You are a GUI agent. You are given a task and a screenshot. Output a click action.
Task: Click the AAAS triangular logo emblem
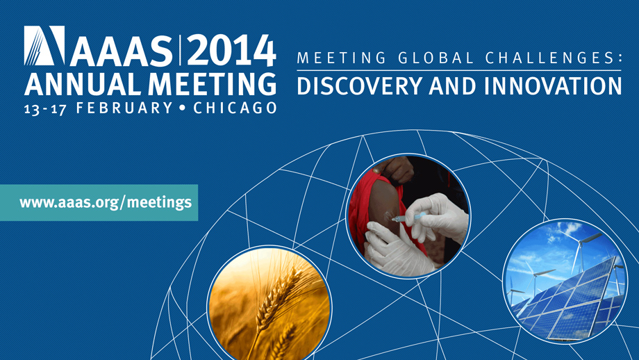pos(44,46)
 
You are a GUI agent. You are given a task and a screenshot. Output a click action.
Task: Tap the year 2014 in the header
pos(231,51)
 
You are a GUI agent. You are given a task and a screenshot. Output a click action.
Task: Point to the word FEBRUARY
pos(124,108)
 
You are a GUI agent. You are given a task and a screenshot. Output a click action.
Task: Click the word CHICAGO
pos(235,108)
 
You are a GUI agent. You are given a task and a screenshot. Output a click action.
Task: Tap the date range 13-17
pos(45,109)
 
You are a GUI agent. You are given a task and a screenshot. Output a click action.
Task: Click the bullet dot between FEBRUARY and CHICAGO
pos(182,108)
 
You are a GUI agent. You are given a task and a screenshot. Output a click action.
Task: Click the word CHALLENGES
pos(550,58)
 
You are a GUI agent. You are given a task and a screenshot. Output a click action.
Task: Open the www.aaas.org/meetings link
pos(106,202)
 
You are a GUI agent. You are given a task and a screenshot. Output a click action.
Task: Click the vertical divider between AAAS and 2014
pos(179,51)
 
